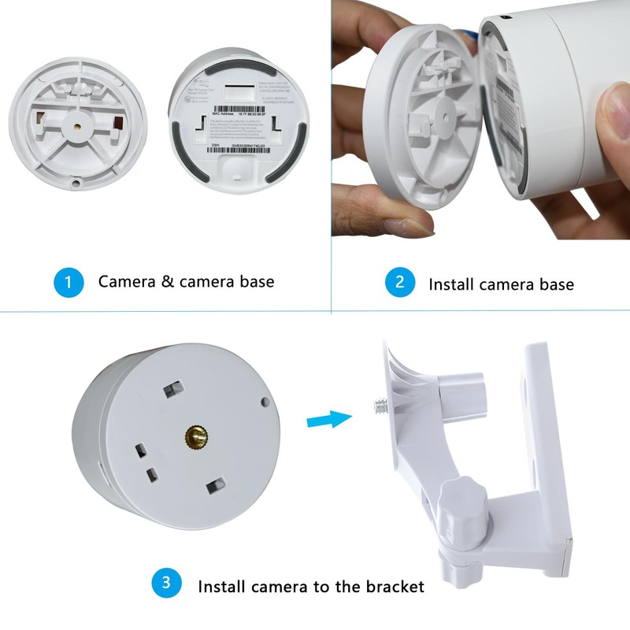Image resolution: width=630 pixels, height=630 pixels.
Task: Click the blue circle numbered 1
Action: (x=69, y=283)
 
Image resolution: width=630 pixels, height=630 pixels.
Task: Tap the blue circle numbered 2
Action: (x=399, y=283)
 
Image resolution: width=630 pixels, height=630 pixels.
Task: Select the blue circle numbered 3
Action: (x=166, y=584)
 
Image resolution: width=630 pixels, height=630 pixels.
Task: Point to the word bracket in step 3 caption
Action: (x=396, y=586)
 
